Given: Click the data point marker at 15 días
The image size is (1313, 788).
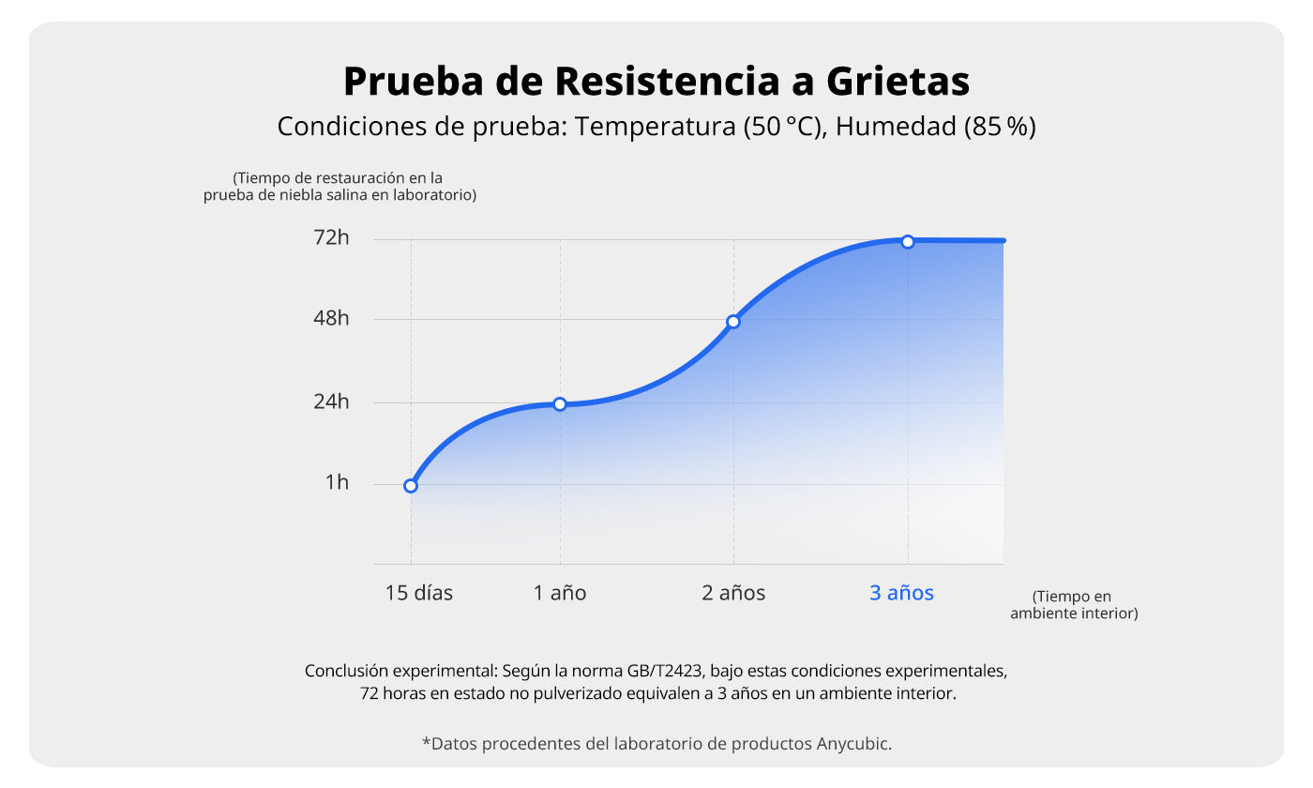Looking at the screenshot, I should [x=411, y=485].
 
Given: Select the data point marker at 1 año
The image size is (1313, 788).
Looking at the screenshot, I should [x=560, y=404].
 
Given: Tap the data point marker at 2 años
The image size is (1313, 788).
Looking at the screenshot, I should [x=733, y=322].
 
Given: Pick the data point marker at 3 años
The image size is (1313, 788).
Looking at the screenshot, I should [x=908, y=242].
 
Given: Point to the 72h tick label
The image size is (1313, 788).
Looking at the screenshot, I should [x=331, y=238].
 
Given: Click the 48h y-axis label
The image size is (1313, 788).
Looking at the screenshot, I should [x=331, y=319].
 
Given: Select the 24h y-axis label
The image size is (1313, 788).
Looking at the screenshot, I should [x=331, y=402].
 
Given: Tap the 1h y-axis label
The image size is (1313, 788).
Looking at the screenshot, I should [x=337, y=483].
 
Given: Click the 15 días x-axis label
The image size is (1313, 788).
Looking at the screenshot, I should [x=419, y=593].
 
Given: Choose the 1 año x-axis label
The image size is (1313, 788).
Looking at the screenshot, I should [x=560, y=593].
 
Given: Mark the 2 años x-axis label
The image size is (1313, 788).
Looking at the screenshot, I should [x=733, y=593].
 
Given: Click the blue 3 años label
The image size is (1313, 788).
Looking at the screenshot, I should [x=901, y=593].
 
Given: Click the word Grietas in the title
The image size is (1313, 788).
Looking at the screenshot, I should [x=898, y=83].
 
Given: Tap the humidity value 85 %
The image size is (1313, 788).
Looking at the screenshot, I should [x=1000, y=127].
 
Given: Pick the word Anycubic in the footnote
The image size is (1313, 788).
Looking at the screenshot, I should [x=853, y=744].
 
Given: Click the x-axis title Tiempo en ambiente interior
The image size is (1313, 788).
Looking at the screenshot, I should [x=1073, y=605].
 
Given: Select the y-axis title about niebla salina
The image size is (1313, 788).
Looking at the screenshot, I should [x=339, y=187].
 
